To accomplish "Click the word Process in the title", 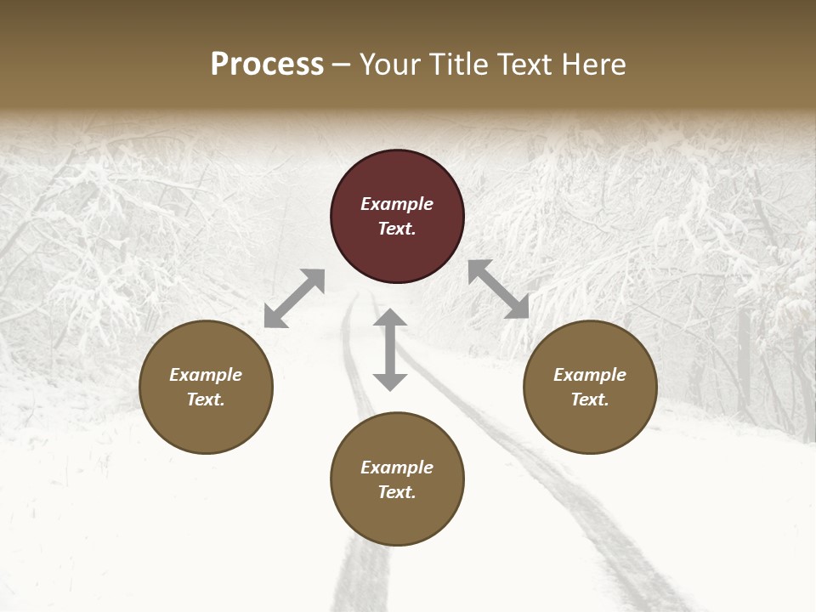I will pyautogui.click(x=267, y=64).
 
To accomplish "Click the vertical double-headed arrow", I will pyautogui.click(x=390, y=350).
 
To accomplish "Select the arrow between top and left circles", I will pyautogui.click(x=294, y=298).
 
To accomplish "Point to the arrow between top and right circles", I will pyautogui.click(x=499, y=289).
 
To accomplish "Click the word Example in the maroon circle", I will pyautogui.click(x=397, y=204).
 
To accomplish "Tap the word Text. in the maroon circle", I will pyautogui.click(x=397, y=229).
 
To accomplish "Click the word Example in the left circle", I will pyautogui.click(x=206, y=375).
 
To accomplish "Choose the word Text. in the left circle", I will pyautogui.click(x=206, y=399).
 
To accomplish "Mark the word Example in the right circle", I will pyautogui.click(x=590, y=375).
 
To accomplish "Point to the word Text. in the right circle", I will pyautogui.click(x=590, y=399).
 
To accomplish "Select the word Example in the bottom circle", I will pyautogui.click(x=397, y=467).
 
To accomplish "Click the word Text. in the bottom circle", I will pyautogui.click(x=397, y=492).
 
